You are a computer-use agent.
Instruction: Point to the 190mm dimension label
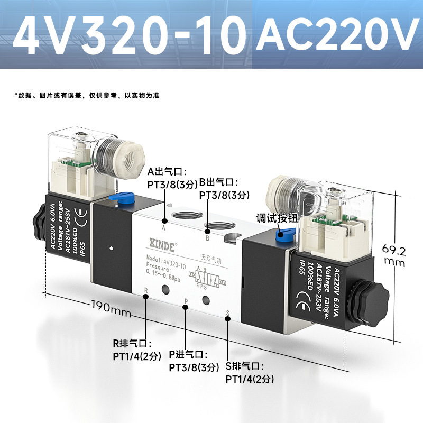111,307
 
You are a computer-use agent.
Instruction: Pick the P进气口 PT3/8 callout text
194,361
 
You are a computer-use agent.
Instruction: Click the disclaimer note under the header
87,96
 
